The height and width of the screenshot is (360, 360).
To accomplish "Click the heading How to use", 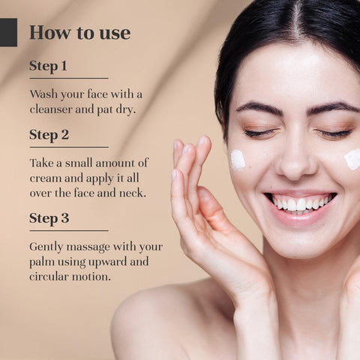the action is point(80,32).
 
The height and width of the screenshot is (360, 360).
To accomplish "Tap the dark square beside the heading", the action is point(8,32).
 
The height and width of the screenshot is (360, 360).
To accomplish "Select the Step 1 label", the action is point(48,66).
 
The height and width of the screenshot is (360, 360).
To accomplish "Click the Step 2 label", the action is point(49,135).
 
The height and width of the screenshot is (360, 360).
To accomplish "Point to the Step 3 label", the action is point(49,218).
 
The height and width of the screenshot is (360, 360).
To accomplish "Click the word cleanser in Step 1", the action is point(51,109).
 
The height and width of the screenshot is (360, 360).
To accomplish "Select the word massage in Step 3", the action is point(88,247).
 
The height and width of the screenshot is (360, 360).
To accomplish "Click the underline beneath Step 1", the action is point(69,79).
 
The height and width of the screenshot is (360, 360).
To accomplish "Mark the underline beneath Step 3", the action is point(69,230).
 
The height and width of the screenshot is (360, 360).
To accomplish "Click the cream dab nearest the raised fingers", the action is point(238,159).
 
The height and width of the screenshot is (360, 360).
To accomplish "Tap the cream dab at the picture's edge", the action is point(352,160).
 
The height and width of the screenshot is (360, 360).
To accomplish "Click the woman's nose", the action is point(297,160).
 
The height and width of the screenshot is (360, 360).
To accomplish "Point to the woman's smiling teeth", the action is point(301,203).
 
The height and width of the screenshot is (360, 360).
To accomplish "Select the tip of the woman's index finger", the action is point(205,139).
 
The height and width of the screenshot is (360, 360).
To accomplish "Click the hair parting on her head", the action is point(297,20).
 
